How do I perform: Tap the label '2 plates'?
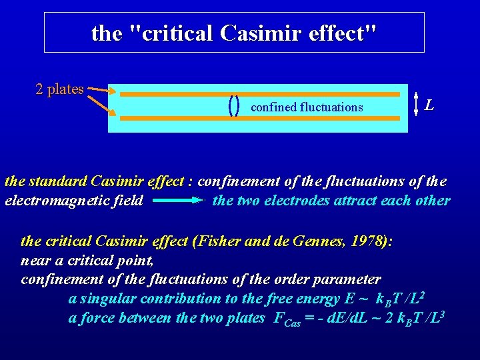pyautogui.click(x=59, y=89)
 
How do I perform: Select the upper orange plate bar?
pyautogui.click(x=263, y=95)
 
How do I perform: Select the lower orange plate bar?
pyautogui.click(x=263, y=118)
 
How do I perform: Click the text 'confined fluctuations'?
pyautogui.click(x=307, y=107)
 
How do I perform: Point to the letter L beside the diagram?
pyautogui.click(x=431, y=105)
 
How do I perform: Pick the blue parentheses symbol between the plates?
pyautogui.click(x=234, y=105)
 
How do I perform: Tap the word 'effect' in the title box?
pyautogui.click(x=339, y=33)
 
